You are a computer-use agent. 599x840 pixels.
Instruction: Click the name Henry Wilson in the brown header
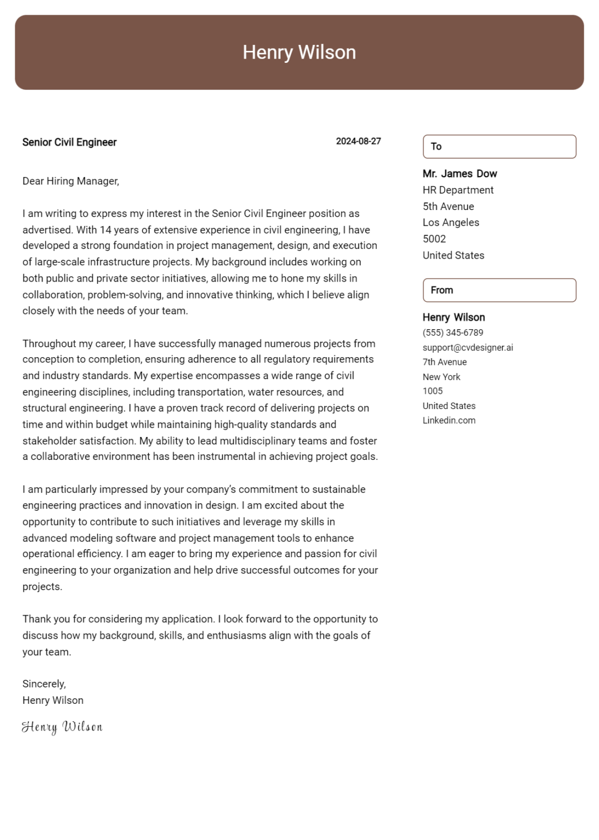[299, 52]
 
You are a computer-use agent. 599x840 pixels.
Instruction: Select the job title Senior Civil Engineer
[69, 142]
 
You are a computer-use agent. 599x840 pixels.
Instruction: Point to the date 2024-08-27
[358, 141]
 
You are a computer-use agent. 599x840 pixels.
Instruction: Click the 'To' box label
[436, 147]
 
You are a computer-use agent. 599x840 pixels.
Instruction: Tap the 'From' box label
[441, 290]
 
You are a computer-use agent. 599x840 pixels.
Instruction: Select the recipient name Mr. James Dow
[460, 174]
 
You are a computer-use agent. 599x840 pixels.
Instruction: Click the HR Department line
[458, 190]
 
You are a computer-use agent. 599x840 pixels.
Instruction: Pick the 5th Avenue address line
[448, 207]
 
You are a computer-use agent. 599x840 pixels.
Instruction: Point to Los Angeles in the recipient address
[451, 223]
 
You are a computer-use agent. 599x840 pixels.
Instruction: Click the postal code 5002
[434, 239]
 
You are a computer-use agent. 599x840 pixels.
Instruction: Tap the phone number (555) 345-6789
[452, 332]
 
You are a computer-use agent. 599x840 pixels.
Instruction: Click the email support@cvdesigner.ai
[468, 348]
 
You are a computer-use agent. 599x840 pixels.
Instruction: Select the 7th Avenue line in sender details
[444, 362]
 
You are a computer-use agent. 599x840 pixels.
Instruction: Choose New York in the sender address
[441, 377]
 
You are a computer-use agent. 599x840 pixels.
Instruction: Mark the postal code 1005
[433, 391]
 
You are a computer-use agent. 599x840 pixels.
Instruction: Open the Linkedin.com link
[449, 421]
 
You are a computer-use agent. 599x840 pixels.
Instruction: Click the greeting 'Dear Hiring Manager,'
[71, 181]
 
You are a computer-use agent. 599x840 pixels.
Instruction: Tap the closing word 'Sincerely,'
[44, 684]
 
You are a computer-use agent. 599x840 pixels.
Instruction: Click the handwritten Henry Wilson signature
[62, 727]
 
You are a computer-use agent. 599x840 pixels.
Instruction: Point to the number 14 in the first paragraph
[106, 230]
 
